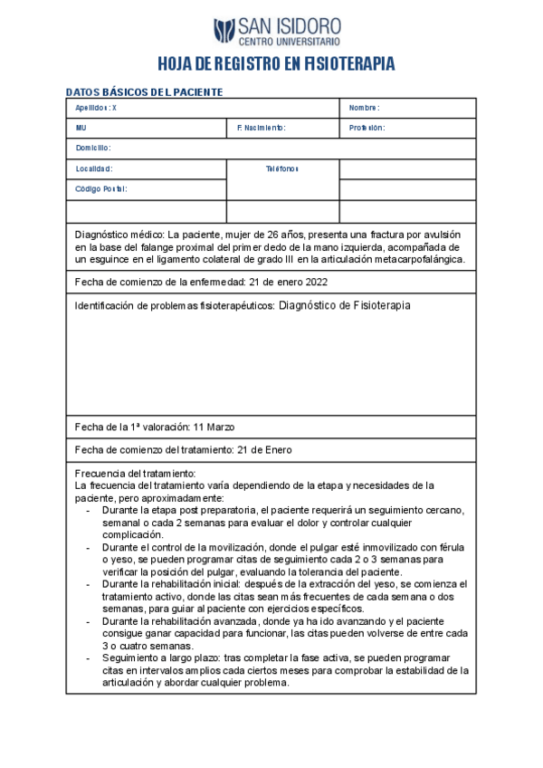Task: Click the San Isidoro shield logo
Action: coord(224,31)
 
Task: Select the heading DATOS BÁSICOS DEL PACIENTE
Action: coord(145,92)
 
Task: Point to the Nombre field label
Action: coord(364,108)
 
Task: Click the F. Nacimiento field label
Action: coord(261,128)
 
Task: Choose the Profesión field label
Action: coord(367,128)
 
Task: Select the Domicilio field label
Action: coord(93,148)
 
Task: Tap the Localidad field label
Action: coord(94,168)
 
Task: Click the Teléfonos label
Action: coord(281,168)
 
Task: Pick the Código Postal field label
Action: coord(101,189)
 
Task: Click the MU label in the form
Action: coord(81,128)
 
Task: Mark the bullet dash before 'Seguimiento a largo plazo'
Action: coord(88,658)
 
